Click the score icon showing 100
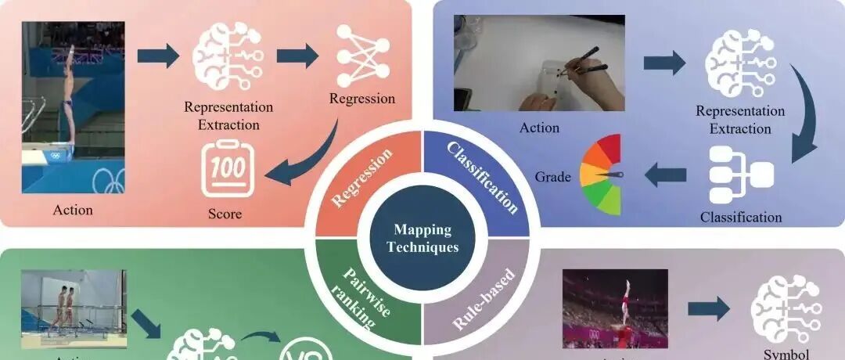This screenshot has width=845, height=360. click(x=227, y=167)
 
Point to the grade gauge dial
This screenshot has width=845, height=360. click(x=602, y=174)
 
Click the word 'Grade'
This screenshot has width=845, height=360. click(x=553, y=177)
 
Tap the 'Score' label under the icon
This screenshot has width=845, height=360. click(x=225, y=213)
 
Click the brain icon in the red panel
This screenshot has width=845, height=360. click(x=227, y=56)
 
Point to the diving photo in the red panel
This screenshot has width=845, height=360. click(x=73, y=107)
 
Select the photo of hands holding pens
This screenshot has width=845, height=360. click(x=540, y=63)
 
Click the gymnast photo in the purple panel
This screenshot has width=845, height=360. click(x=615, y=308)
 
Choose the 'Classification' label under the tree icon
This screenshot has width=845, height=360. click(x=740, y=217)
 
